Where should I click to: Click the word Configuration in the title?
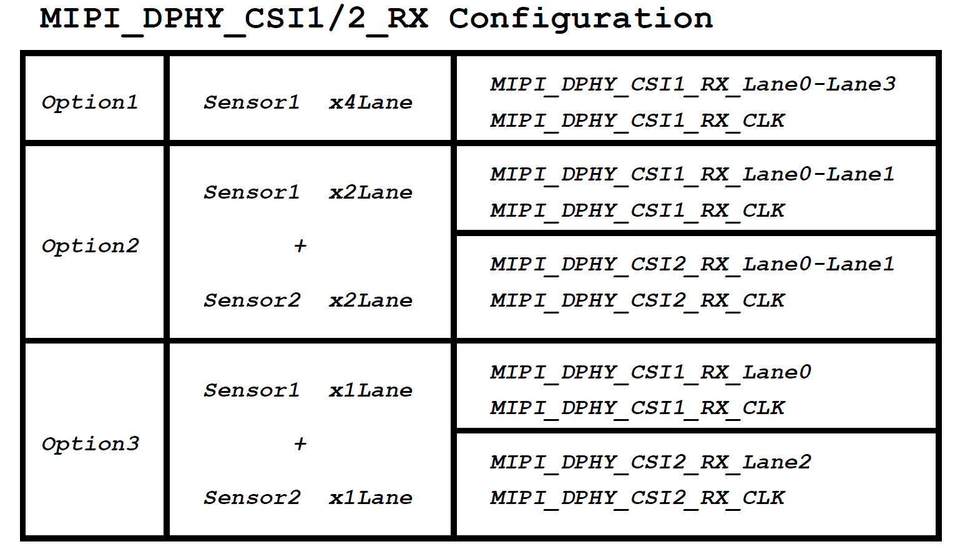click(580, 19)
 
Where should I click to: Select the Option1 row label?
click(89, 102)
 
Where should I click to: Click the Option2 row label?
click(90, 246)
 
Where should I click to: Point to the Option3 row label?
click(90, 444)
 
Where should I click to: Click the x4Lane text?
click(371, 102)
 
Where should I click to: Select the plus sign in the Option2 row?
click(300, 245)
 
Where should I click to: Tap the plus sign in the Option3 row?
click(300, 443)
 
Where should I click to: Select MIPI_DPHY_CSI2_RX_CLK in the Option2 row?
click(637, 302)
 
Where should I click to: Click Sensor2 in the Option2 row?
click(252, 300)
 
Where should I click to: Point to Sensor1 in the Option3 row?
click(252, 390)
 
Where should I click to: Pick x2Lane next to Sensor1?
click(371, 192)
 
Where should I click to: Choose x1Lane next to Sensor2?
click(371, 498)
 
